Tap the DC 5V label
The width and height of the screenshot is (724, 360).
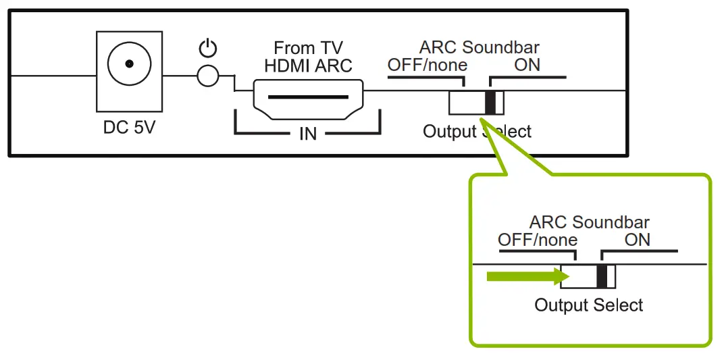(x=129, y=127)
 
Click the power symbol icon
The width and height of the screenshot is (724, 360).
(x=209, y=49)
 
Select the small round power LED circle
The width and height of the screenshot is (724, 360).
(x=208, y=76)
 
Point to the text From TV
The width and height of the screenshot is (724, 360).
(x=308, y=49)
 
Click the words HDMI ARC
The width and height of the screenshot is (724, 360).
(x=308, y=66)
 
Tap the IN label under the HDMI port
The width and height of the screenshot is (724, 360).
(x=308, y=133)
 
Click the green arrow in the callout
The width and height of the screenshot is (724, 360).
(x=524, y=276)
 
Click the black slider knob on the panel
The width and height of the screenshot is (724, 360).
(x=491, y=102)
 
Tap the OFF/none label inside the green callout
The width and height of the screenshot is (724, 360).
(x=538, y=240)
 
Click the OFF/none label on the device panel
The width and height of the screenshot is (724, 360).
(x=427, y=66)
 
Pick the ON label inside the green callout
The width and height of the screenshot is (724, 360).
(x=638, y=240)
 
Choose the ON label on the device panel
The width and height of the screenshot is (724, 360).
(x=527, y=66)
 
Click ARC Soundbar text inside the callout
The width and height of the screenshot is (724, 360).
(x=590, y=222)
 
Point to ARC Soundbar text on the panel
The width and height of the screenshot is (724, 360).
(x=480, y=48)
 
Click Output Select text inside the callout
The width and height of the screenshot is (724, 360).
(x=589, y=305)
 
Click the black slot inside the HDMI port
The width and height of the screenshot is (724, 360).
(x=308, y=96)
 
